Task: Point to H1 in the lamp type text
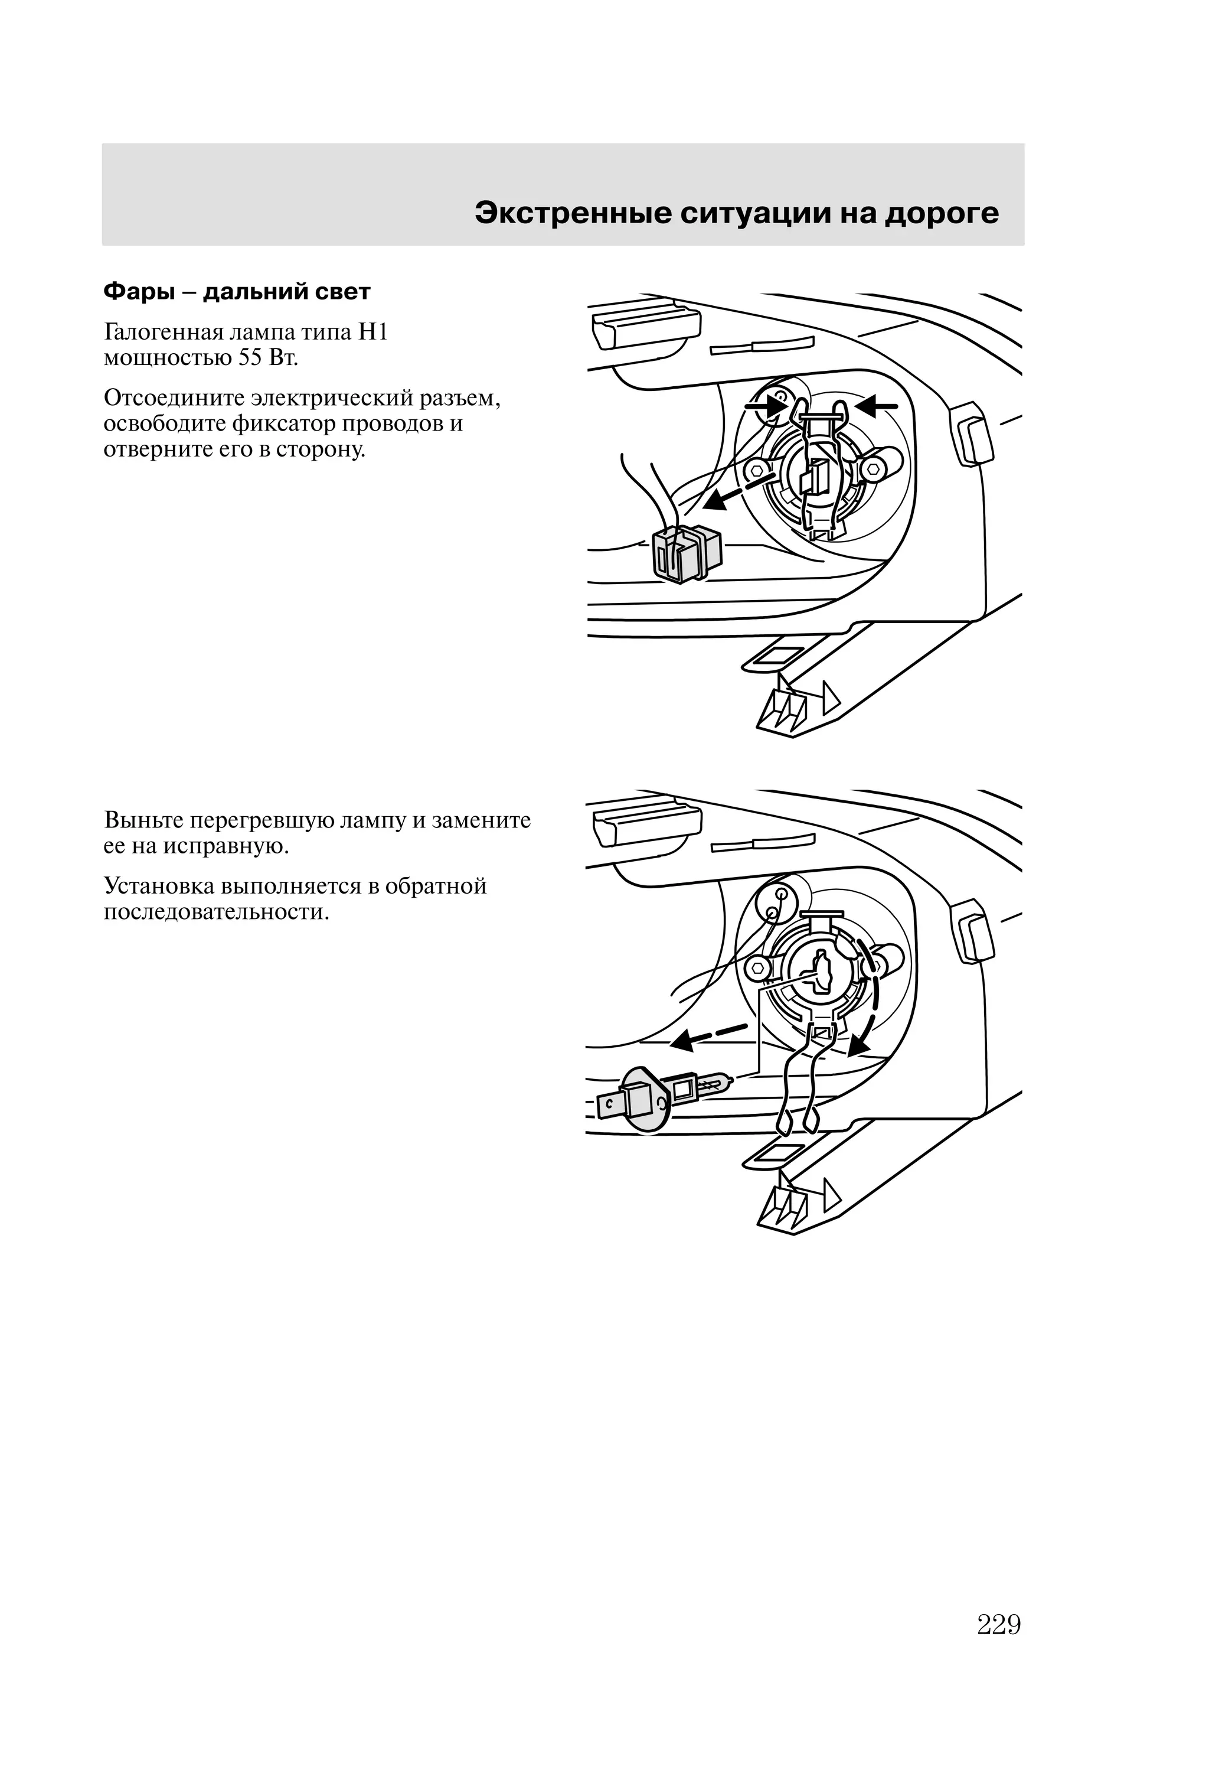pos(373,333)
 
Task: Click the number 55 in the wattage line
pos(250,358)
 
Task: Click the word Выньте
pos(143,820)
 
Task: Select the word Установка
pos(159,886)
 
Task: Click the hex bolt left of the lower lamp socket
pos(758,967)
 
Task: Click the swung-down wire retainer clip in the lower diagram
pos(801,1083)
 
